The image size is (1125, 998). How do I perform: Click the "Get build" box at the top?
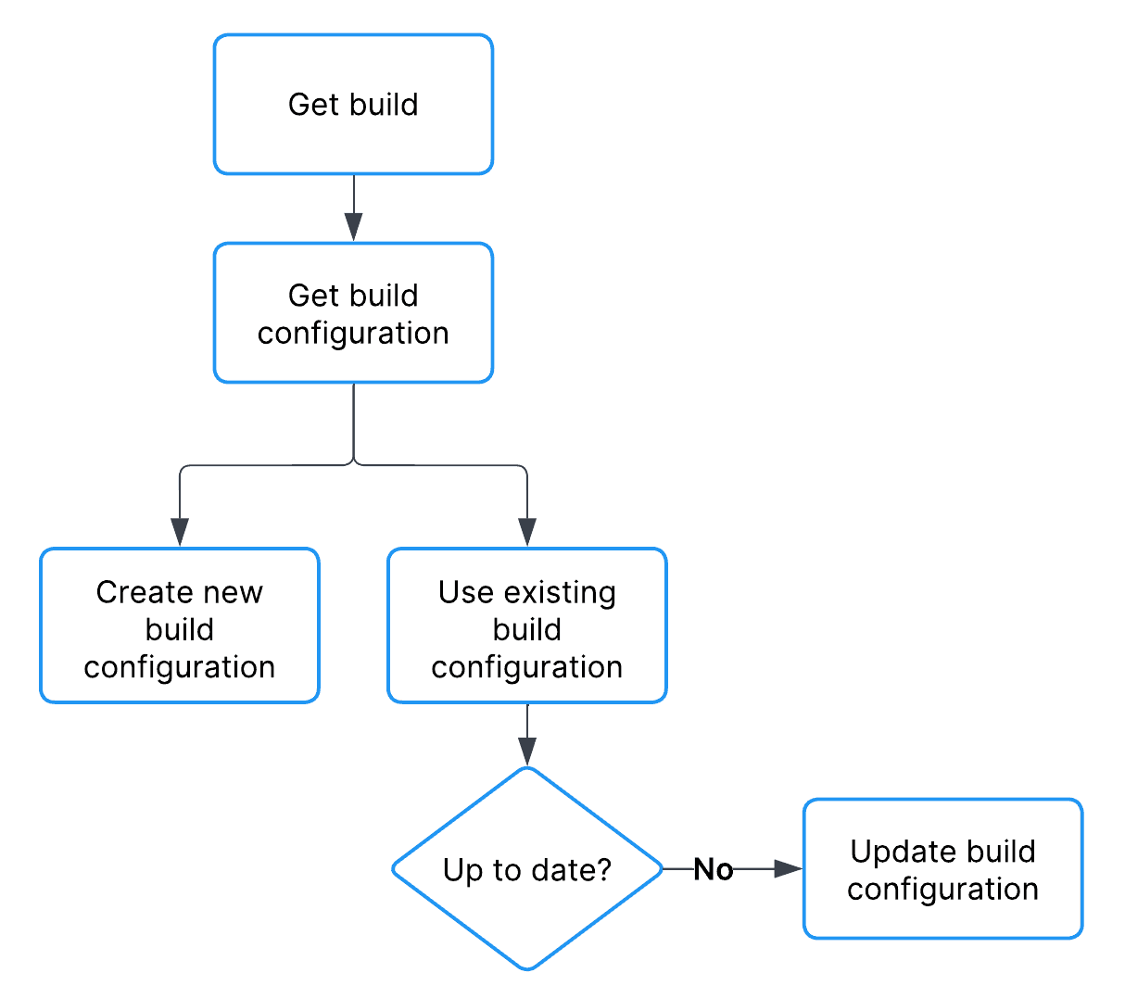point(353,105)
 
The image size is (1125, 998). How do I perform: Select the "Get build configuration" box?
point(353,313)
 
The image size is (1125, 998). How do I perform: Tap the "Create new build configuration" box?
point(180,626)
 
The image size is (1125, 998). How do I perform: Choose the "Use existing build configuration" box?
point(526,626)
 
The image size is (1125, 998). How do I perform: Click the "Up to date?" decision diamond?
point(526,869)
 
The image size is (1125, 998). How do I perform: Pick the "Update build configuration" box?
point(942,869)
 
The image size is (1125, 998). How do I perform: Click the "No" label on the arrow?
point(713,869)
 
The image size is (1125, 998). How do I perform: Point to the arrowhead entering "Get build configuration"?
point(353,227)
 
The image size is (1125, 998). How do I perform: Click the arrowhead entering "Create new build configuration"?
point(180,532)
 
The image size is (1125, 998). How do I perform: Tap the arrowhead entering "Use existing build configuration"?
point(526,532)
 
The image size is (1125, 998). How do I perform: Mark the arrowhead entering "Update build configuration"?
point(787,869)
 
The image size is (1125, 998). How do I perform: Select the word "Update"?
point(891,852)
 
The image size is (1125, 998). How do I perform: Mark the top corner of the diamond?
point(526,769)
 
